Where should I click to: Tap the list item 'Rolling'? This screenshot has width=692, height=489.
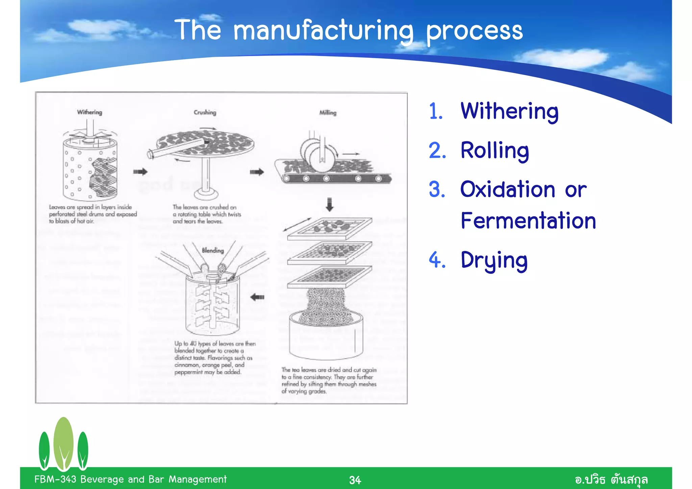pos(495,150)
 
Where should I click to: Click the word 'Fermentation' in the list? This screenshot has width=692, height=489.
pos(528,221)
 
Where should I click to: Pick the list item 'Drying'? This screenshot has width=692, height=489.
pos(494,260)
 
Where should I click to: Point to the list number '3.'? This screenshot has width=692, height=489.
pos(437,189)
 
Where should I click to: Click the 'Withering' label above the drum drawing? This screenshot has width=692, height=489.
pos(90,112)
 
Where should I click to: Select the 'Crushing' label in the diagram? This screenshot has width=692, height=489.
pos(205,112)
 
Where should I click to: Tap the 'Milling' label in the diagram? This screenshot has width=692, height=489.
pos(328,113)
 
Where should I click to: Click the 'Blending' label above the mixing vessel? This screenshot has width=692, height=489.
pos(213,250)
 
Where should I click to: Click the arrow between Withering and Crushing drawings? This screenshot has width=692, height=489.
pos(140,172)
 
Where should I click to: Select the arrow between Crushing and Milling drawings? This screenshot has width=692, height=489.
pos(257,172)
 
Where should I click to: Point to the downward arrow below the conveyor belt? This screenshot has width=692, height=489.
pos(329,204)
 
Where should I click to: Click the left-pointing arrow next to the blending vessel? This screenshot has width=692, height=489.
pos(257,297)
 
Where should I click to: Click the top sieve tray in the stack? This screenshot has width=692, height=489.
pos(329,228)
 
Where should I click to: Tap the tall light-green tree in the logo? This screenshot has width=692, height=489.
pos(64,443)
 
